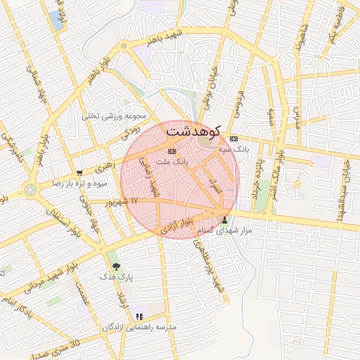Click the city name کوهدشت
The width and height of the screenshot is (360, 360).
pos(191,131)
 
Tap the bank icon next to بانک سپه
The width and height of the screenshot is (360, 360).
pos(234,139)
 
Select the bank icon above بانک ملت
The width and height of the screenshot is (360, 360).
pos(173,151)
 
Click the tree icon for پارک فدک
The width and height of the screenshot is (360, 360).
pos(116,267)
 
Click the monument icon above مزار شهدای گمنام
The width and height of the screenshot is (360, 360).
pos(224,219)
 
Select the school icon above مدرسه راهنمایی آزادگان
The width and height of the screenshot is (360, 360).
pos(139,317)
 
